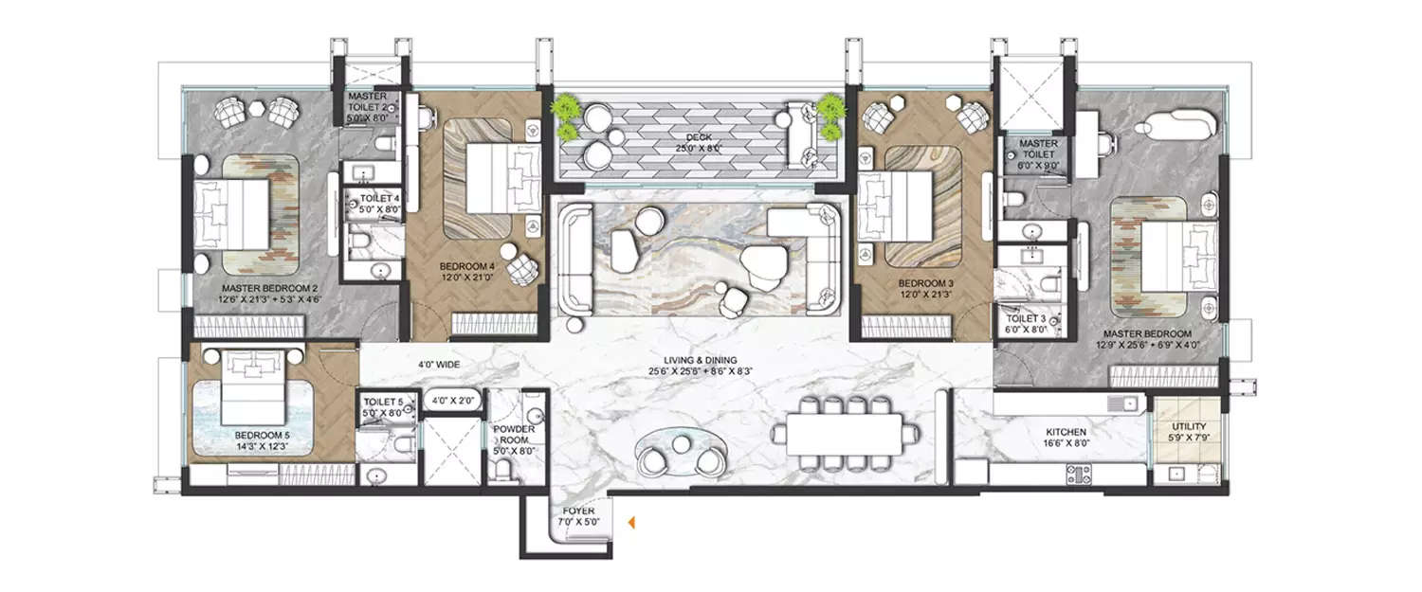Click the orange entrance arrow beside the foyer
[629, 521]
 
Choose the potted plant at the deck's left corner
[567, 111]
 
